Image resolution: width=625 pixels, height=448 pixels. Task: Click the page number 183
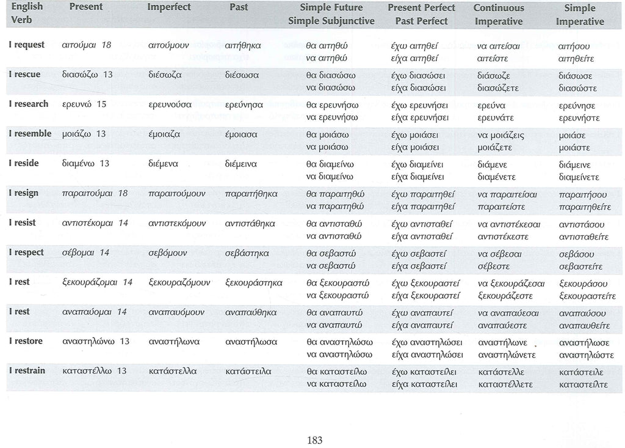click(x=315, y=439)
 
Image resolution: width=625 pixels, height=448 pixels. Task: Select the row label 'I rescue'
click(x=24, y=75)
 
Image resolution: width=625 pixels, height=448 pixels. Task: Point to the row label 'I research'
click(x=28, y=104)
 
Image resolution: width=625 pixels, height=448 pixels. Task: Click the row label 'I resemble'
click(x=30, y=133)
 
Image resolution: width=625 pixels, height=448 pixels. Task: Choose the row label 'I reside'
click(x=23, y=163)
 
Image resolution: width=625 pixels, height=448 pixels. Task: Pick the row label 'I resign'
click(x=23, y=193)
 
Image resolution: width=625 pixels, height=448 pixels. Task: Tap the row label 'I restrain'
click(x=27, y=370)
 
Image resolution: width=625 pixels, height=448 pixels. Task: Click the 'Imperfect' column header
click(x=169, y=7)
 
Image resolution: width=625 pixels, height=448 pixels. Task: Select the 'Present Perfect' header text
click(x=421, y=8)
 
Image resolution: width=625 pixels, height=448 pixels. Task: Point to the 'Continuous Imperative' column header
click(x=498, y=15)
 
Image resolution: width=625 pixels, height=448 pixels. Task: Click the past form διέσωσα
click(x=242, y=75)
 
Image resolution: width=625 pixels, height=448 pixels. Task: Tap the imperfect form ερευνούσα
click(x=170, y=105)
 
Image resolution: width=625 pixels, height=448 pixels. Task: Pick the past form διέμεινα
click(x=241, y=164)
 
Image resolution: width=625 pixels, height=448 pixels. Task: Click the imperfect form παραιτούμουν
click(x=177, y=194)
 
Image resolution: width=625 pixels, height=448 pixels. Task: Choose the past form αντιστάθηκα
click(x=250, y=223)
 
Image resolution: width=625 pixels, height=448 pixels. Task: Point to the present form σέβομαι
click(x=78, y=253)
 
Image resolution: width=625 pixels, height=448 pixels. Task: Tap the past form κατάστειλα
click(x=248, y=371)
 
